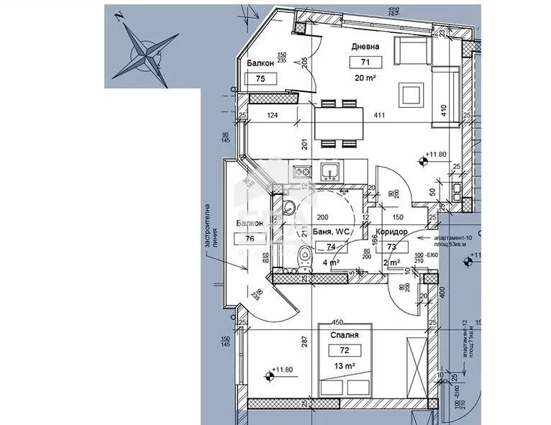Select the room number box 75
(x=260, y=78)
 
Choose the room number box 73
(x=393, y=247)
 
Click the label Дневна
(x=365, y=47)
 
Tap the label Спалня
(x=345, y=335)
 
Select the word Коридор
(x=393, y=232)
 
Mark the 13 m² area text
(x=345, y=366)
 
